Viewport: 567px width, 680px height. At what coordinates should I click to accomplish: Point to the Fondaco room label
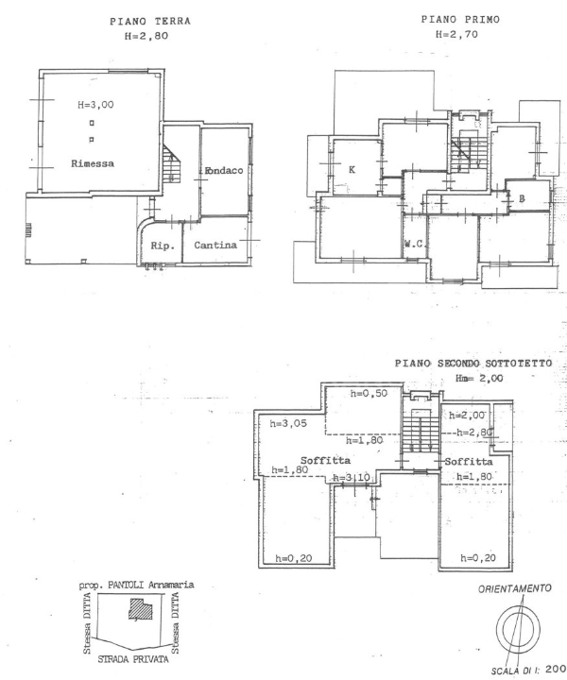click(x=225, y=171)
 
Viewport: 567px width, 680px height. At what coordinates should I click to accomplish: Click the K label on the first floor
click(x=352, y=170)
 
